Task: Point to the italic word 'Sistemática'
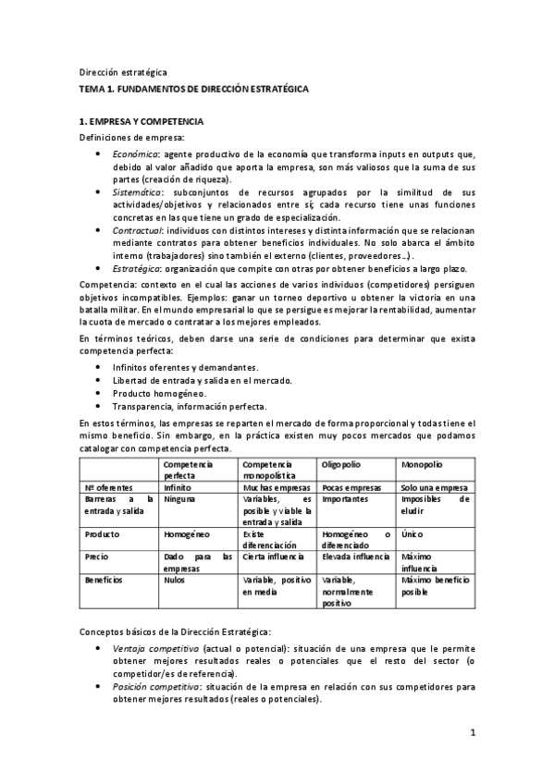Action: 137,190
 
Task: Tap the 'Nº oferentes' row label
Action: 108,485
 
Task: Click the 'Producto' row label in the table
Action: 102,534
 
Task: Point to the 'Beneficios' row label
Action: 105,581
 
